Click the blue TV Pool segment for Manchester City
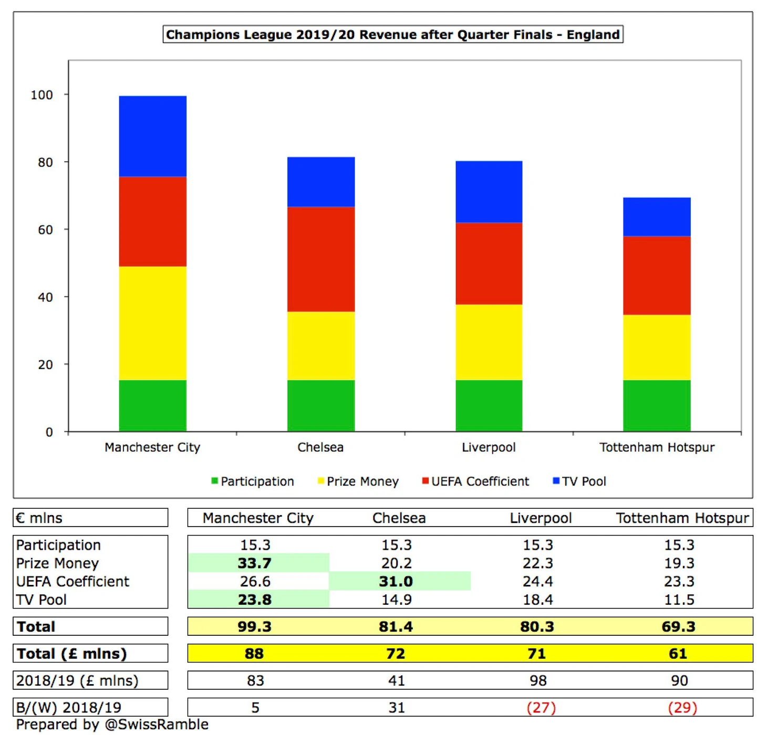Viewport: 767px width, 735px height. [x=152, y=136]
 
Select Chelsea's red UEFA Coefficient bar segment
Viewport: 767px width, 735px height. [x=320, y=259]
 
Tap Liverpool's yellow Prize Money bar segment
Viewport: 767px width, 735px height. [x=489, y=342]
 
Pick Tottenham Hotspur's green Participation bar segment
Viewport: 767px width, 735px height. [x=657, y=405]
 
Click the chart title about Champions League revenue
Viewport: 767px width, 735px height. [x=392, y=35]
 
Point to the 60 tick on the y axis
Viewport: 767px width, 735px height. [x=45, y=230]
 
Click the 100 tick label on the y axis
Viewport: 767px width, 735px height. [x=42, y=95]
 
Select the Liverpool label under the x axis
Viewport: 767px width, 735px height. [x=489, y=447]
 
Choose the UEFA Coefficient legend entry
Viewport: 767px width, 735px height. [x=475, y=481]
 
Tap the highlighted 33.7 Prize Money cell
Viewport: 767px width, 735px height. [x=255, y=563]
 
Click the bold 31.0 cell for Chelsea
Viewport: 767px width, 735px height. [x=396, y=581]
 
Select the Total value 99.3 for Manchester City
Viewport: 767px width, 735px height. [x=255, y=626]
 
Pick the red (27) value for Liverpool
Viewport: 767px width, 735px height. [x=541, y=708]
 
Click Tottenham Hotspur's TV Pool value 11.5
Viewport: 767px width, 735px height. [x=679, y=600]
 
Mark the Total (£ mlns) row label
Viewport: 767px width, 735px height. [x=72, y=654]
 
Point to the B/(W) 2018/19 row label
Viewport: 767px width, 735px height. [x=69, y=708]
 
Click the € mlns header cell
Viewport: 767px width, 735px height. [x=39, y=518]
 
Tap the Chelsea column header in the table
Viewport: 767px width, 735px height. [x=399, y=518]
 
